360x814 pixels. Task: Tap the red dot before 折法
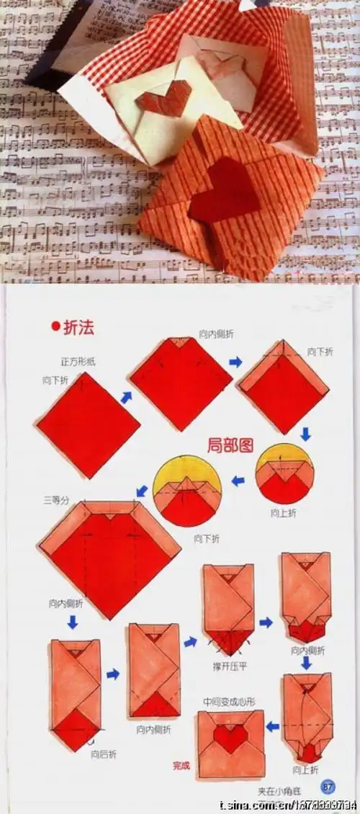[55, 328]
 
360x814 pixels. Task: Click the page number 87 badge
[328, 786]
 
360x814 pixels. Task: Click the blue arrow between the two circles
[238, 480]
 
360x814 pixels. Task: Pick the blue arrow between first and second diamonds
[126, 397]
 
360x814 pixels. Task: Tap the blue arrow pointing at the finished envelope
[273, 726]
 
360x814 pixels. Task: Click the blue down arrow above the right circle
[305, 434]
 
